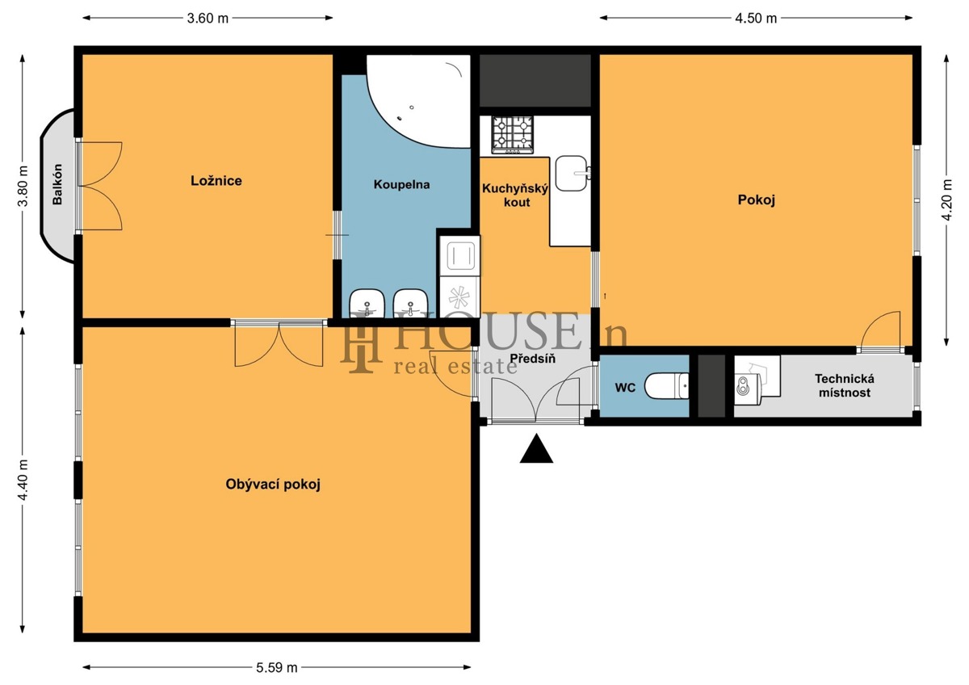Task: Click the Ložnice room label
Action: (216, 180)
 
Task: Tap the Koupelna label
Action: (401, 185)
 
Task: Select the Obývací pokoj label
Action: (273, 485)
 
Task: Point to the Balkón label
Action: (57, 184)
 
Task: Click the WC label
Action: (625, 387)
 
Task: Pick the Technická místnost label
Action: (845, 385)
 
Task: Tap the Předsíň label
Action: (532, 359)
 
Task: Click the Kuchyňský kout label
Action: (515, 195)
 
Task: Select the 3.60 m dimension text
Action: (208, 18)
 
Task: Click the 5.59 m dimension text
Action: (277, 668)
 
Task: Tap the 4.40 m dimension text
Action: (23, 480)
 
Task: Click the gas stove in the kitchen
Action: (512, 135)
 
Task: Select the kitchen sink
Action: (572, 174)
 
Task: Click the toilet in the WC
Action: (666, 386)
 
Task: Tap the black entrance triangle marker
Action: (536, 449)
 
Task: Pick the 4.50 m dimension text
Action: (756, 18)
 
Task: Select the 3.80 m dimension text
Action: (23, 186)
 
